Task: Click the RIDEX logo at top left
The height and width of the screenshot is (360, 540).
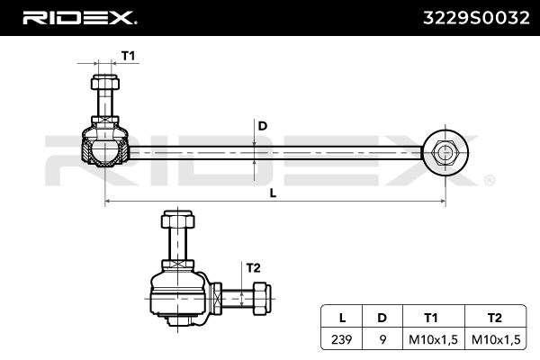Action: [78, 18]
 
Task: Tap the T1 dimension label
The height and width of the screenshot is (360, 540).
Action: [128, 56]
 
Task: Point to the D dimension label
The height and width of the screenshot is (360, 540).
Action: [262, 126]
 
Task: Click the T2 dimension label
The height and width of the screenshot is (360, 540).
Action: [253, 267]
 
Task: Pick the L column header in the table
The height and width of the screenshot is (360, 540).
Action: [342, 317]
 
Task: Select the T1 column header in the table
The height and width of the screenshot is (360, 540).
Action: [429, 317]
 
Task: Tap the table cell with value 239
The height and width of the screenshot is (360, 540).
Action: [342, 338]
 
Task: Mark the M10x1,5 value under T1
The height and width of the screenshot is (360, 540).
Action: [429, 338]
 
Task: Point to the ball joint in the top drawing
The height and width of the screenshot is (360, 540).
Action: [105, 148]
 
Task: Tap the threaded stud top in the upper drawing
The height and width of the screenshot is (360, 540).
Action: [104, 86]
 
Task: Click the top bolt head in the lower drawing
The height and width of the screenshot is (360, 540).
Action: [175, 221]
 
